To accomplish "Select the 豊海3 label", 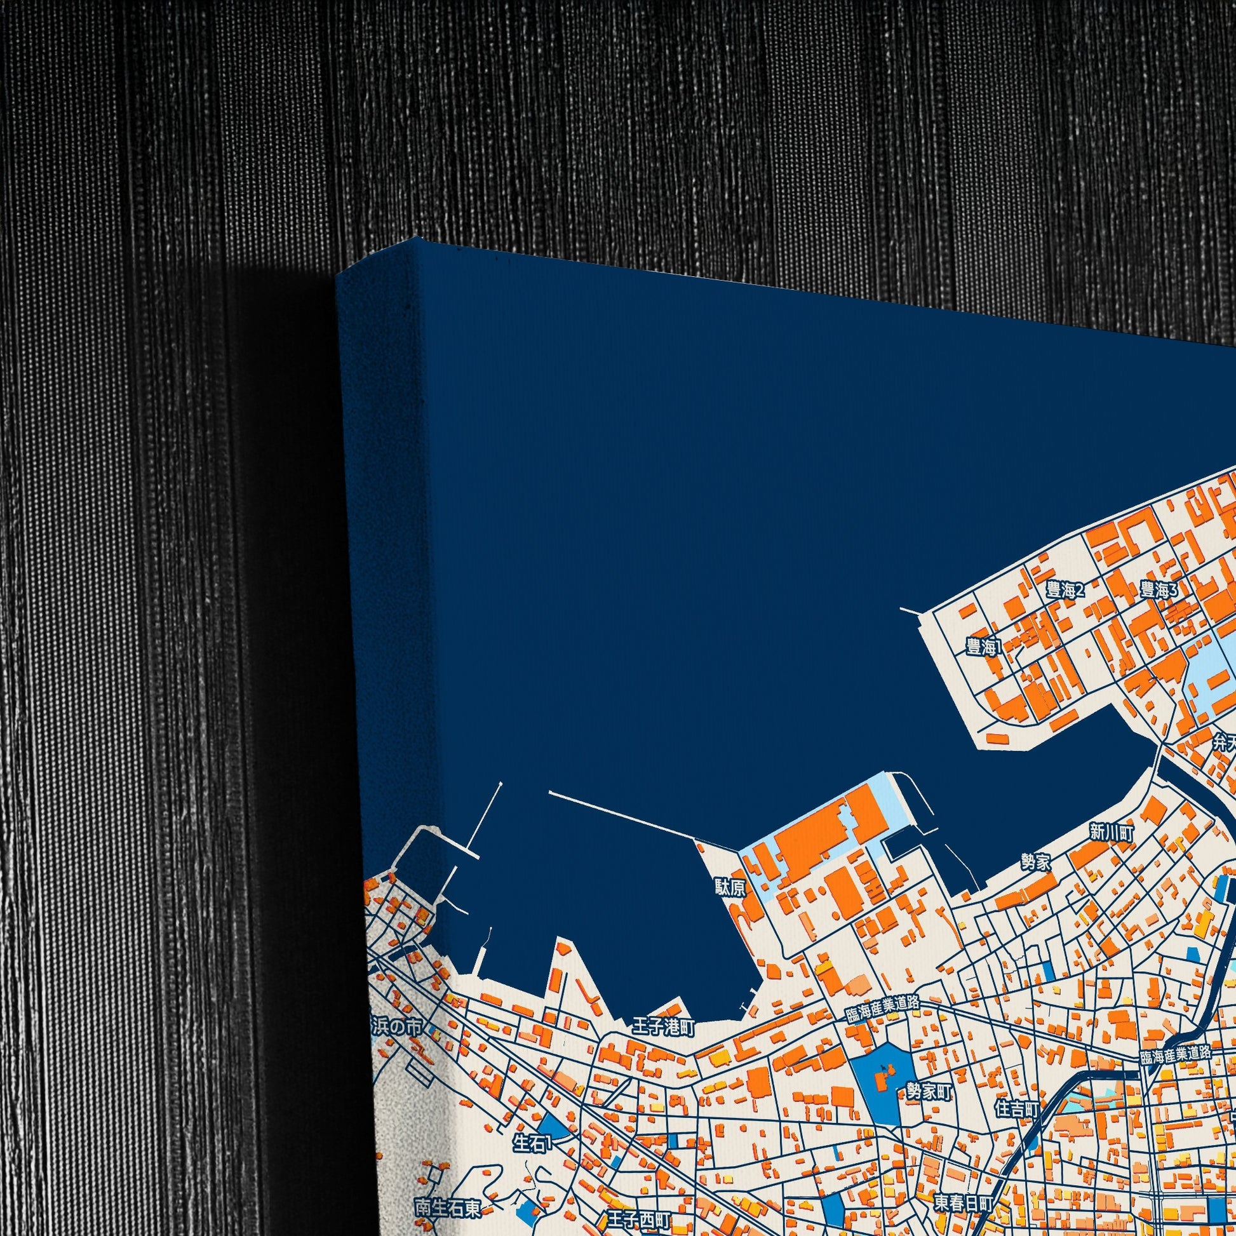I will coord(1159,590).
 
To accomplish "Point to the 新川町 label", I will coord(1112,832).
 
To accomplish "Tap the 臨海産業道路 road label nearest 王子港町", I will coord(883,1009).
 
